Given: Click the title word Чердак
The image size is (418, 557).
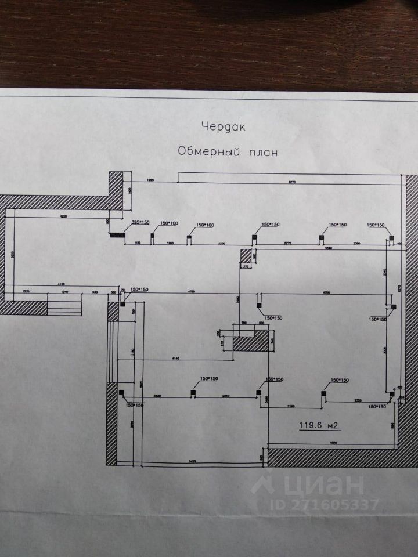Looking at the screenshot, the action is (x=220, y=126).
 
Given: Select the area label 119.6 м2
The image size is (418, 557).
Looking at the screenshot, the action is (x=319, y=425).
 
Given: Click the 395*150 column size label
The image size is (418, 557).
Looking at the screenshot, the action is (x=140, y=222).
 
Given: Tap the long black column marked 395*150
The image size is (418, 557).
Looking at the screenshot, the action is (x=117, y=236).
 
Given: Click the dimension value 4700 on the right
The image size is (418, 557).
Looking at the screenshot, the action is (x=326, y=293).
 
